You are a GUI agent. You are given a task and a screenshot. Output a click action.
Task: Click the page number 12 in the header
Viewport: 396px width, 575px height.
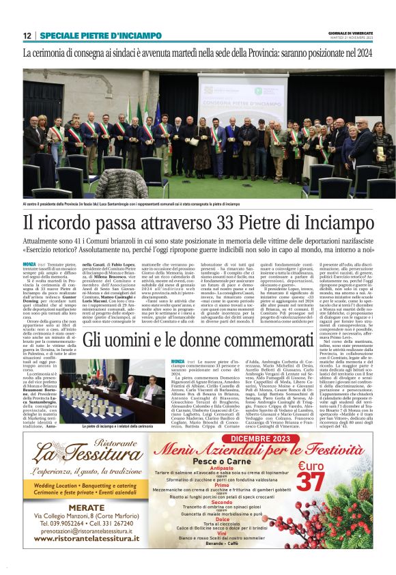coord(27,36)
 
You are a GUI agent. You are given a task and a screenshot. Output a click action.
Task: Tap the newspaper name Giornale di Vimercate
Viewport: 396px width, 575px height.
coord(348,32)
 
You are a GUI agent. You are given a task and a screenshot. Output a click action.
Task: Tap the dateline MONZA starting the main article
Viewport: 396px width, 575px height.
coord(29,264)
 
